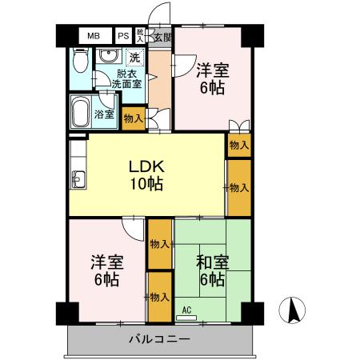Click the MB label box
[94, 37]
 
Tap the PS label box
[123, 37]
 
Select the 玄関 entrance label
[162, 37]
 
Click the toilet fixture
[78, 61]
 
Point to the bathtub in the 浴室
[80, 112]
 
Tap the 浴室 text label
[104, 114]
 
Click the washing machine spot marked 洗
[134, 57]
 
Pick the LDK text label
[147, 167]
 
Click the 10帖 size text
[147, 184]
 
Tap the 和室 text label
[212, 262]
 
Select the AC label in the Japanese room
[186, 310]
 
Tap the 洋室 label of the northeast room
[212, 70]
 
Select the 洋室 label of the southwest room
[105, 262]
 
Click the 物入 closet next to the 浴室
[134, 118]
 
